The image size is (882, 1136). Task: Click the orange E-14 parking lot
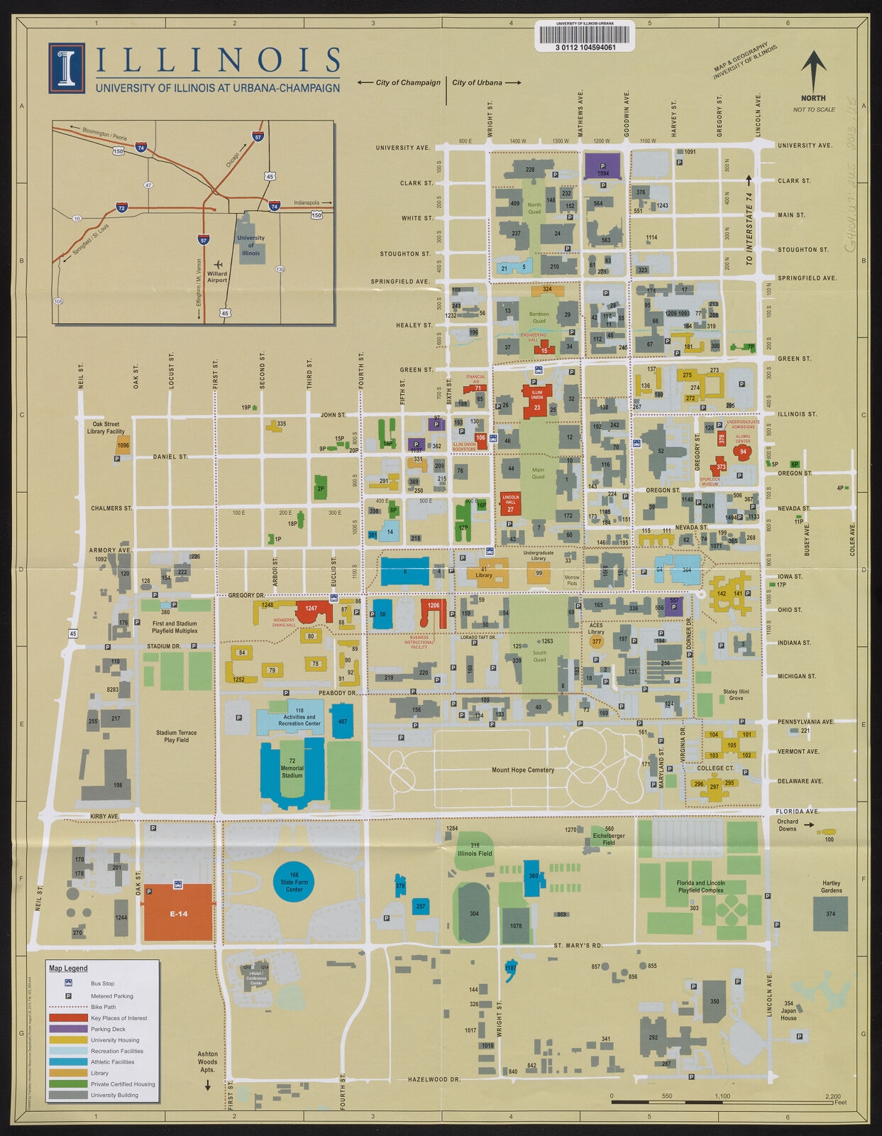tap(178, 913)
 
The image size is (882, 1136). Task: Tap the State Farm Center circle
tap(294, 882)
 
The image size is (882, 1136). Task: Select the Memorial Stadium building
tap(292, 772)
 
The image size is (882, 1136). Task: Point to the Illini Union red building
tap(536, 398)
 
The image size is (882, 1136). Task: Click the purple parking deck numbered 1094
tap(602, 165)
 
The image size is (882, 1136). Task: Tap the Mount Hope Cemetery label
tap(522, 770)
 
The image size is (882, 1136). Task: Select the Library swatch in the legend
tap(67, 1073)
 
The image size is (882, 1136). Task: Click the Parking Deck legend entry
tap(108, 1029)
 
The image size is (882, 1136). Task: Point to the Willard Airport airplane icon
tap(216, 263)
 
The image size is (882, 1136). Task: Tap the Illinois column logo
tap(67, 68)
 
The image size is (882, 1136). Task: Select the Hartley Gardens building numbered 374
tap(830, 913)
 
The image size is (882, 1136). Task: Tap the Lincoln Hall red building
tap(510, 503)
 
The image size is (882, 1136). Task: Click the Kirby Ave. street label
tap(104, 816)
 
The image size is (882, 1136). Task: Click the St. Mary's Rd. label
tap(578, 946)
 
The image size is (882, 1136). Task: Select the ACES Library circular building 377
tap(596, 641)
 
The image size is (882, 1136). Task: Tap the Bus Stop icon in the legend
tap(68, 983)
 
